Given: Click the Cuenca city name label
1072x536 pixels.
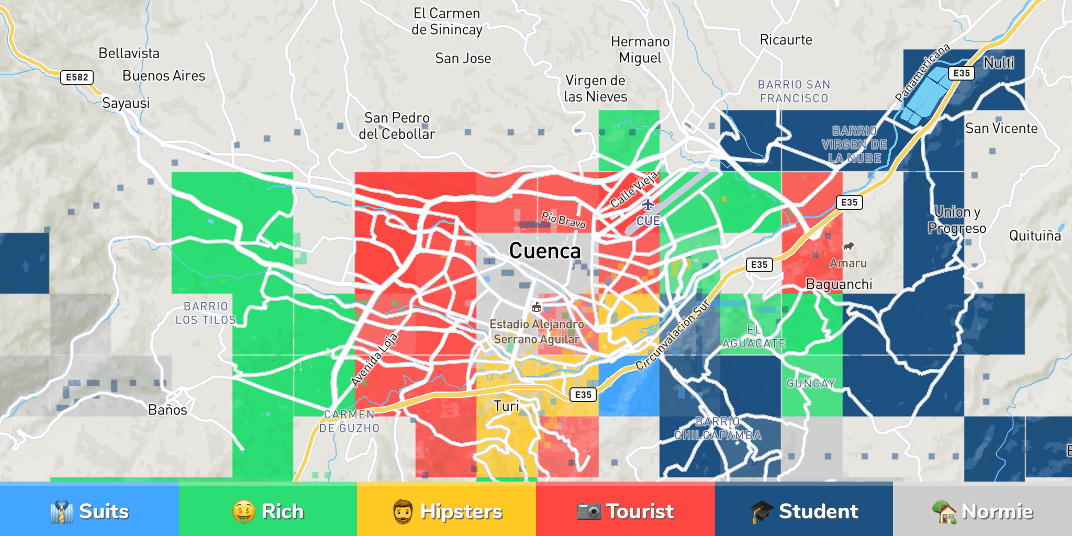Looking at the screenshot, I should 545,251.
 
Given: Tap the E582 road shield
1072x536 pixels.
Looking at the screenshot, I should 77,77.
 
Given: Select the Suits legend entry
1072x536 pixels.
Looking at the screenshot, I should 90,511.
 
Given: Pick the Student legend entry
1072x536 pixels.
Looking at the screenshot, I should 804,511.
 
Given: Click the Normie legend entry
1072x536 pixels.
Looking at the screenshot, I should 982,511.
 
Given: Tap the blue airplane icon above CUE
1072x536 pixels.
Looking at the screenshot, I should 648,205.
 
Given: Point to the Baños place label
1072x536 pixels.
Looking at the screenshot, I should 167,410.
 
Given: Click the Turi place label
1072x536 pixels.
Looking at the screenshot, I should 506,406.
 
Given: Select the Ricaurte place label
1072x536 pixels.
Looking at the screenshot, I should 786,40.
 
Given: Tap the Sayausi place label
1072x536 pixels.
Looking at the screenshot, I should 126,103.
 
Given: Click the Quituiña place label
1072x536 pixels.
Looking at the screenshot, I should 1035,236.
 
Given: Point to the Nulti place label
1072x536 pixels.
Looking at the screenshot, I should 999,63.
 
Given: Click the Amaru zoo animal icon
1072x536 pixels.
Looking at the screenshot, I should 848,246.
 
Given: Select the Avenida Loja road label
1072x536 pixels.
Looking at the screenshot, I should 374,360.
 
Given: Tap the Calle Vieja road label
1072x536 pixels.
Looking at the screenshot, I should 634,189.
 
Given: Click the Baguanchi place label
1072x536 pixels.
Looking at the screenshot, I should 839,284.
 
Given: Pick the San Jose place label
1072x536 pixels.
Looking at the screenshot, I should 463,58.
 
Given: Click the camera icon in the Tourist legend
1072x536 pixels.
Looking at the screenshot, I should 589,511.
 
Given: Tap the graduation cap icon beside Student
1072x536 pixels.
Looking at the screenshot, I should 761,511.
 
